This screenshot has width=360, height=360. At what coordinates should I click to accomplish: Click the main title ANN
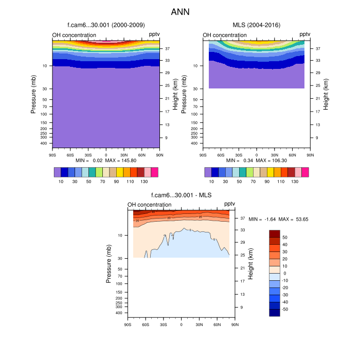coord(180,11)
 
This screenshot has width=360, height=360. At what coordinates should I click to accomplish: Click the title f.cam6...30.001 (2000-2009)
coord(106,25)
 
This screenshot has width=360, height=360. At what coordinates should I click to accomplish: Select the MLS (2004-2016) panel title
coord(256,25)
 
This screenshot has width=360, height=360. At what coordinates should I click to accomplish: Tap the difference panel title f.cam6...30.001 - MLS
coord(181,195)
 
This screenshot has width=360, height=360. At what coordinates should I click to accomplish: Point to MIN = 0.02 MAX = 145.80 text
coord(106,160)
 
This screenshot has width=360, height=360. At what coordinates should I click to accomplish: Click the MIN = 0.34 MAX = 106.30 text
coord(256,160)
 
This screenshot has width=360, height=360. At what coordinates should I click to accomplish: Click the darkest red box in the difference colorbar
coord(275,233)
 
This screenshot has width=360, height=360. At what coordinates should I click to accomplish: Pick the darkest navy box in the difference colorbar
coord(275,313)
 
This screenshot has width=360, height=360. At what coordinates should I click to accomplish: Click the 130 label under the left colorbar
coord(144,182)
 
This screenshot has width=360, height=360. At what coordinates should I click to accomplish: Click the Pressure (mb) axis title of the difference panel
coord(109,264)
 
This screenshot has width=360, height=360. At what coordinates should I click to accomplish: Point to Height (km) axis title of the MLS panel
coord(325,93)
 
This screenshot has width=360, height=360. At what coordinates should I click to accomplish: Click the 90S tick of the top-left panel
coord(52,154)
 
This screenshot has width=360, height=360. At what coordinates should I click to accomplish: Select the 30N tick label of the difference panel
coord(199,324)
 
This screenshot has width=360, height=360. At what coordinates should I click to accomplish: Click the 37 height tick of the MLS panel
coord(318,49)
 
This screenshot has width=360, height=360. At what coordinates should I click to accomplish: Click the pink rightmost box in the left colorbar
coord(154,172)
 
